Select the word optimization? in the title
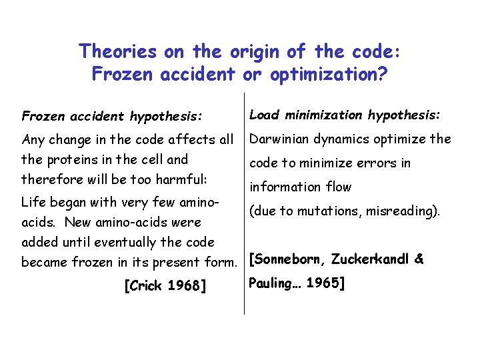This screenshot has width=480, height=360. pyautogui.click(x=328, y=74)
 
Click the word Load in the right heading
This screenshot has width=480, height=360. pyautogui.click(x=264, y=115)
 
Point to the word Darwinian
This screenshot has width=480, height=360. pyautogui.click(x=279, y=139)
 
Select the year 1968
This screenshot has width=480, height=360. pyautogui.click(x=186, y=287)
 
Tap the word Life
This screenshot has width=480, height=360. pyautogui.click(x=34, y=201)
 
